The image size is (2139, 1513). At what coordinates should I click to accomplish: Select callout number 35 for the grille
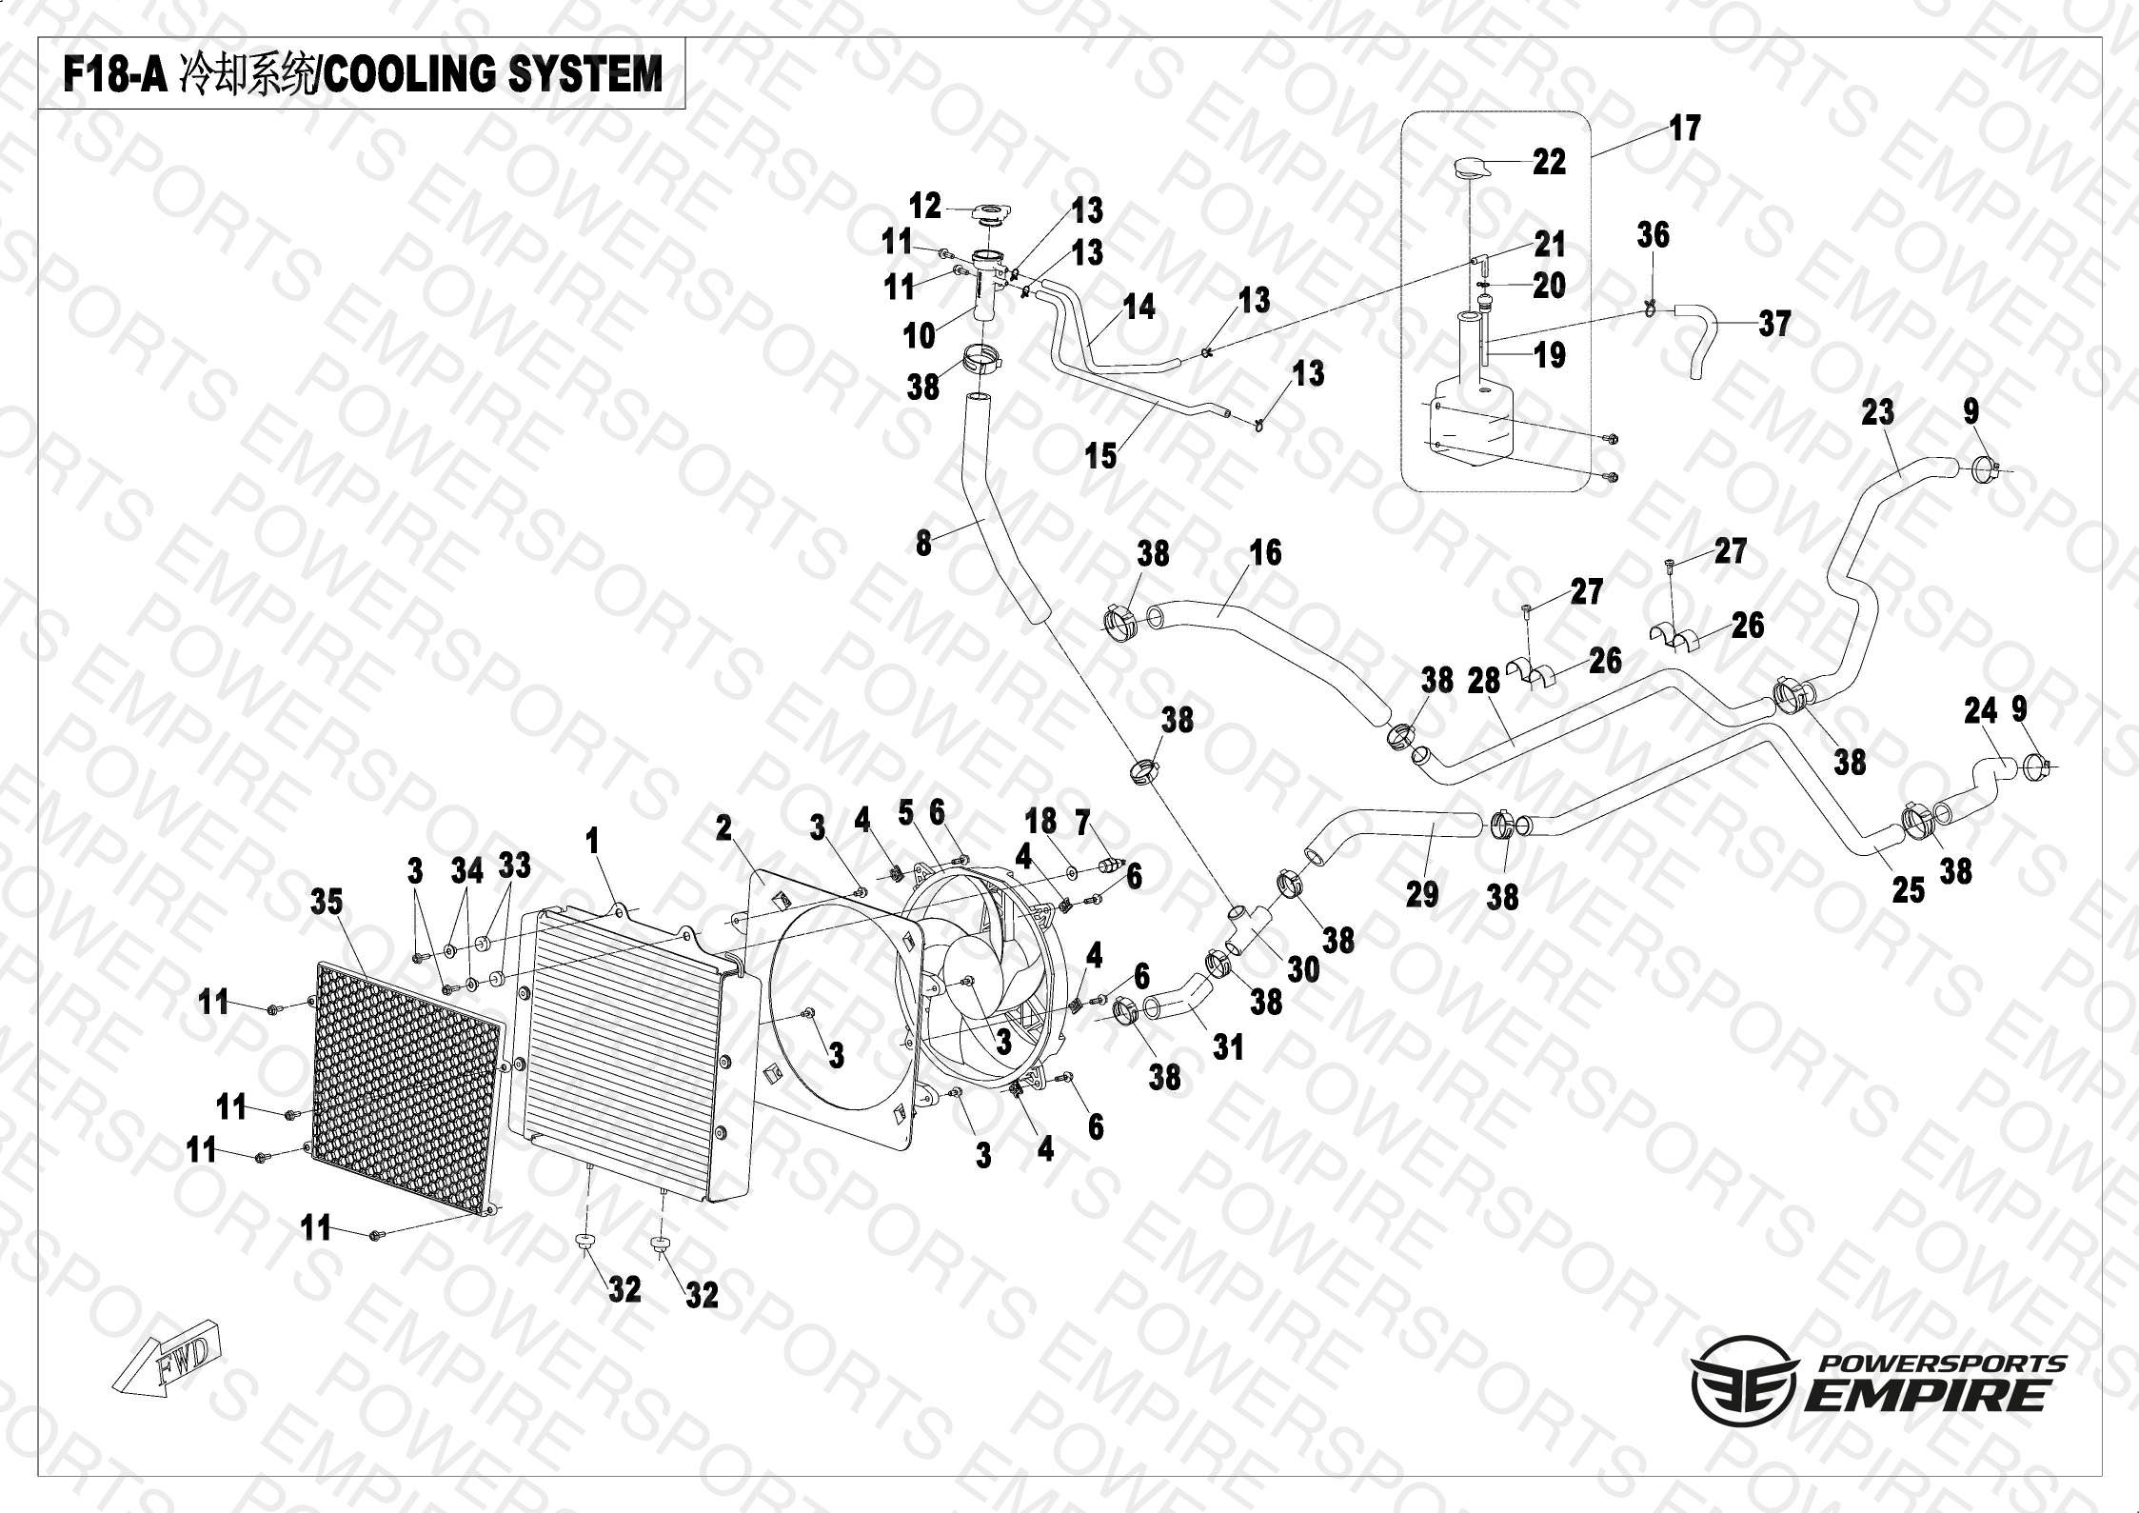[x=327, y=902]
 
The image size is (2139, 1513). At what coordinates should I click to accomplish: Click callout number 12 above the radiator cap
[x=924, y=206]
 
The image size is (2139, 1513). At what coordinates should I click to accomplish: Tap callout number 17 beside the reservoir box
[x=1684, y=129]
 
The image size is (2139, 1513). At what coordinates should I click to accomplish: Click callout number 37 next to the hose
[x=1774, y=324]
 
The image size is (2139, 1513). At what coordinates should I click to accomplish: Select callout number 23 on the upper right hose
[x=1877, y=412]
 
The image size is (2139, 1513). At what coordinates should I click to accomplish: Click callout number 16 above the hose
[x=1265, y=552]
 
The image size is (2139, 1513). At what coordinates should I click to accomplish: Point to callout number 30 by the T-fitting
[x=1303, y=969]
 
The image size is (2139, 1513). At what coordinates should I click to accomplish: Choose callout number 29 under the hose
[x=1421, y=893]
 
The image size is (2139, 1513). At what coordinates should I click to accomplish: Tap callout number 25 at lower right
[x=1908, y=889]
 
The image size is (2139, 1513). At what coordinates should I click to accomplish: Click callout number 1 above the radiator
[x=593, y=841]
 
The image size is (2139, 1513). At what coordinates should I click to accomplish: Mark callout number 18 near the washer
[x=1040, y=821]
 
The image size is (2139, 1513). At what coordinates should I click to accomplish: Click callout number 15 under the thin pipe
[x=1100, y=456]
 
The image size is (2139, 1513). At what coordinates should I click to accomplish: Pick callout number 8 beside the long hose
[x=922, y=543]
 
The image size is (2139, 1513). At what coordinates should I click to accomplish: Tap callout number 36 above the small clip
[x=1653, y=235]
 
